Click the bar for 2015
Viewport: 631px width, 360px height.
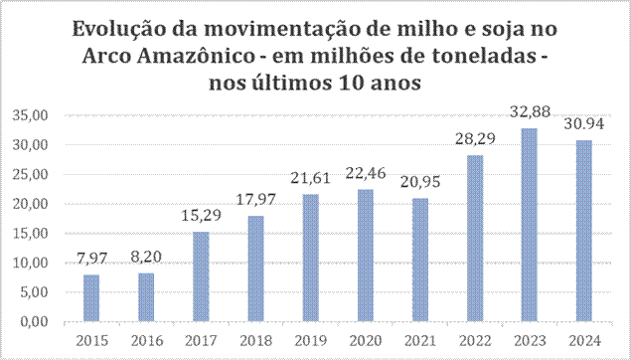click(90, 298)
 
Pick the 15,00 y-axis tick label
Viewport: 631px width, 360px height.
click(31, 234)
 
